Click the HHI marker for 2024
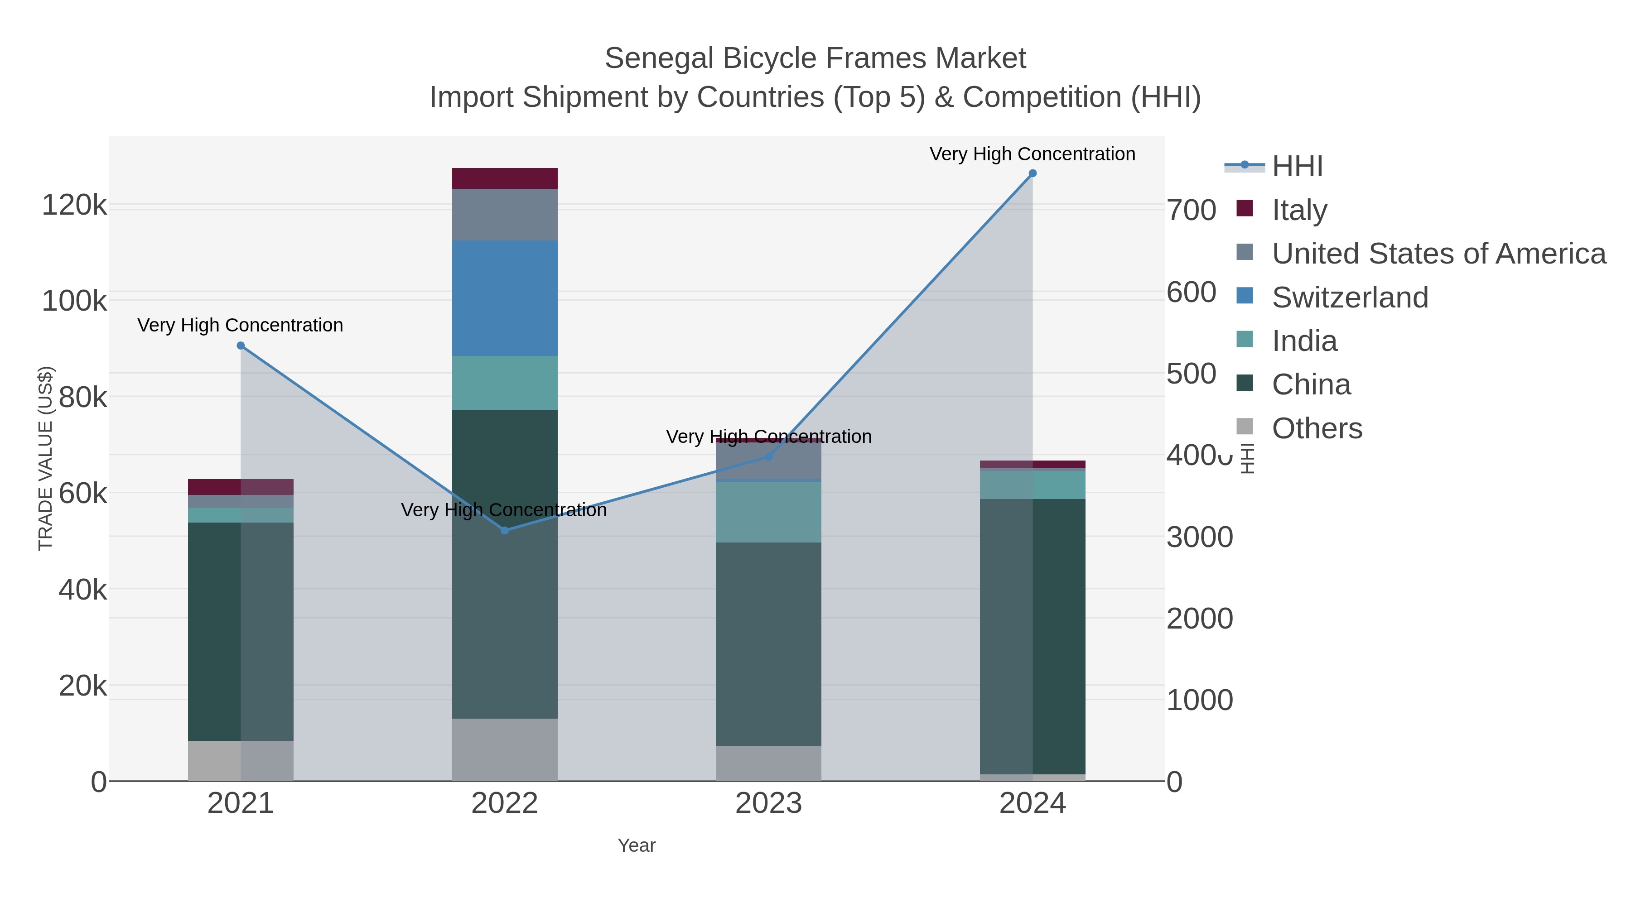coord(1033,173)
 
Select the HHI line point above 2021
coord(241,346)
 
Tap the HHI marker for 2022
coord(505,530)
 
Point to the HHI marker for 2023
coord(769,456)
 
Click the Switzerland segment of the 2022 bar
coord(505,298)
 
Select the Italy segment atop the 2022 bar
coord(505,178)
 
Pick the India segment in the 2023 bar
coord(769,512)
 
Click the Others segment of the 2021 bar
coord(241,761)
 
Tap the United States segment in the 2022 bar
coord(505,215)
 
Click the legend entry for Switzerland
coord(1350,298)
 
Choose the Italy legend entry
coord(1299,210)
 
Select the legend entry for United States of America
coord(1438,254)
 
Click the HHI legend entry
coord(1298,167)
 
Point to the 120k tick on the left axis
coord(74,206)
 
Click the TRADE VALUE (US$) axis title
coord(46,458)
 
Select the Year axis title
coord(637,845)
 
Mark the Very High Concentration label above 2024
coord(1032,154)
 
